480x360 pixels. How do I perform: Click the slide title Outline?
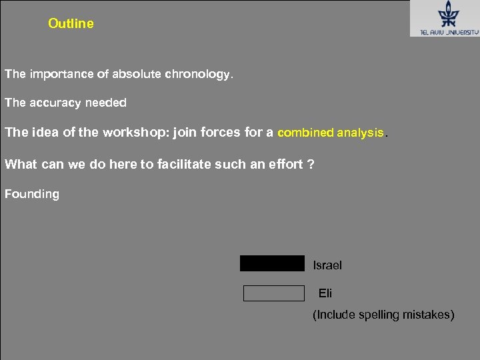(71, 24)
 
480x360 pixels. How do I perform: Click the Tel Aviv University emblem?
(444, 14)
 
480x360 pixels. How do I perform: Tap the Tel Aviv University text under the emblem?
(444, 31)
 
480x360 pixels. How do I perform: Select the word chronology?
(199, 75)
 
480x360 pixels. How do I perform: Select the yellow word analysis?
(360, 133)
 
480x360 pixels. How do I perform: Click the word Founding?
(32, 195)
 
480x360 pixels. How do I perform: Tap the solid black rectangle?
(272, 264)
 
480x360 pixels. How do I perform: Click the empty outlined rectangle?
(273, 293)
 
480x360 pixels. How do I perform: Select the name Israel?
(327, 265)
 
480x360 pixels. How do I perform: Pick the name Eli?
(325, 293)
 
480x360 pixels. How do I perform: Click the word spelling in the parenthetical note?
(382, 315)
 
